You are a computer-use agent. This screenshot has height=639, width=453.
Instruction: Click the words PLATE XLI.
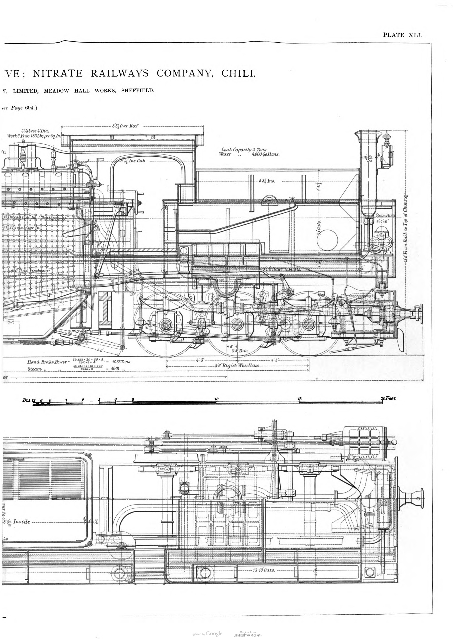tap(403, 35)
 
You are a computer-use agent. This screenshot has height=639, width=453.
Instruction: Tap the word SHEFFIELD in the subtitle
tap(137, 91)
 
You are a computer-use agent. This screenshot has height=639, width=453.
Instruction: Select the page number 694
tap(29, 108)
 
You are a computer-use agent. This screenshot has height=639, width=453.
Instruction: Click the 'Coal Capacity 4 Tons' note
tap(244, 150)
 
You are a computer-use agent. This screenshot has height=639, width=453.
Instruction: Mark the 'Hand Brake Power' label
tap(47, 362)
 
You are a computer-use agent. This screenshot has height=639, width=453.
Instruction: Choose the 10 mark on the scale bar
tap(216, 399)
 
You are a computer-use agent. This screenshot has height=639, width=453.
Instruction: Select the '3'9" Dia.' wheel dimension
tap(240, 350)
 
